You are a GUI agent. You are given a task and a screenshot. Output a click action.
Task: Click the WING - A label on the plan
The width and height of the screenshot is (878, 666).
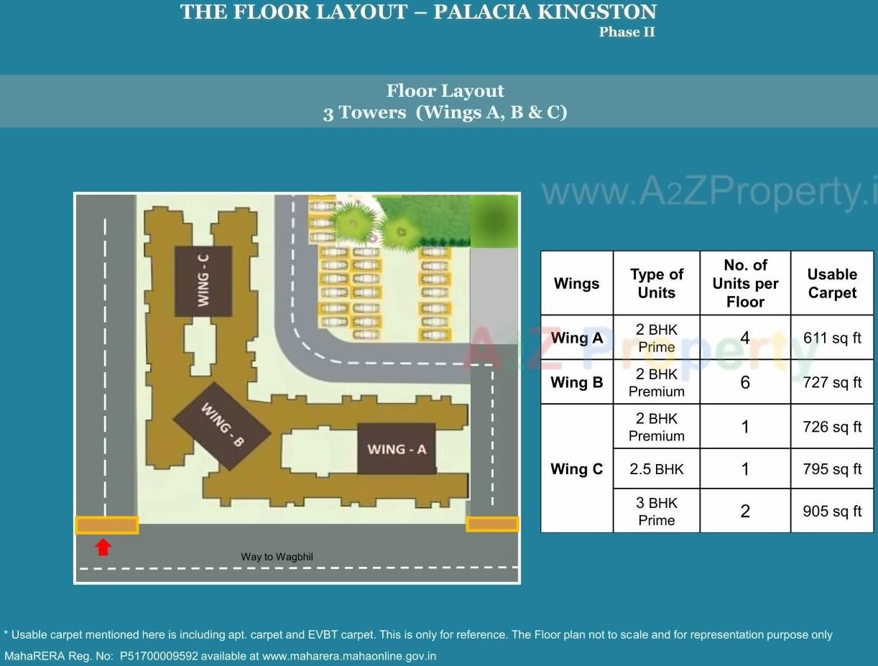[397, 449]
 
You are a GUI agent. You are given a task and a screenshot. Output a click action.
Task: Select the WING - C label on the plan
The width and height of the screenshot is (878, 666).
[203, 281]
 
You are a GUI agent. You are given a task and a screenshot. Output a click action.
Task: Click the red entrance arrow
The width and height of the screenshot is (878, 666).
[103, 547]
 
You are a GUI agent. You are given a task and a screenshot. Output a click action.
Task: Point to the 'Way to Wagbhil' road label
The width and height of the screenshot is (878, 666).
[277, 557]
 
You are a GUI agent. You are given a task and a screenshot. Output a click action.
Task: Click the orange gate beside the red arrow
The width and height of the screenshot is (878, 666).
[106, 525]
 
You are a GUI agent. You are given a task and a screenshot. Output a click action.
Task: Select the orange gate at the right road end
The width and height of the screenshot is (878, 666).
[492, 524]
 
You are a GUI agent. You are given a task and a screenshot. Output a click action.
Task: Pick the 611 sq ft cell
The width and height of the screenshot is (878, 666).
[832, 338]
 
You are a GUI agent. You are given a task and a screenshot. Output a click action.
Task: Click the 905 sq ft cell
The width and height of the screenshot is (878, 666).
[832, 511]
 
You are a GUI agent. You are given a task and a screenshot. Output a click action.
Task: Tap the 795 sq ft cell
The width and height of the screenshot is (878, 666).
[832, 469]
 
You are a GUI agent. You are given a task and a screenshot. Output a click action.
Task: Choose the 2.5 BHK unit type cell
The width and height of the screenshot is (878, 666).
[656, 469]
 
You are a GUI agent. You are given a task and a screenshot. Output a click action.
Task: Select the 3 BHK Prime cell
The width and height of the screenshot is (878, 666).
[656, 511]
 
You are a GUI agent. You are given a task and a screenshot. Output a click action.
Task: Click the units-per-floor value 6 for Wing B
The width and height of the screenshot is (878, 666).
[745, 382]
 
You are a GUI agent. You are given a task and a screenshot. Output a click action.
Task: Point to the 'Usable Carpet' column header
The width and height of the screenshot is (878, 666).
[832, 283]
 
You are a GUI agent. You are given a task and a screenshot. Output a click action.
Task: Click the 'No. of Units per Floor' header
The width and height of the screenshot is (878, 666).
[745, 283]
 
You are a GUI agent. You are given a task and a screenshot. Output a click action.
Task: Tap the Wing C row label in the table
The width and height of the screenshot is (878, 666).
[576, 469]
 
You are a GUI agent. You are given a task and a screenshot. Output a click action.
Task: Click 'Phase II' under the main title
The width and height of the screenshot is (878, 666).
[627, 32]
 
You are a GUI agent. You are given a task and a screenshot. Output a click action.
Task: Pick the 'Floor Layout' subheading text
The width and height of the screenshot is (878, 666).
[445, 91]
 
